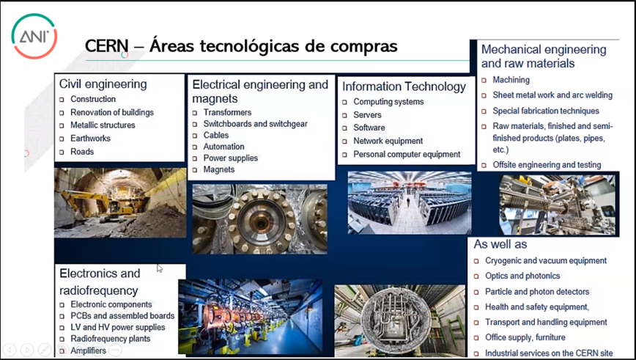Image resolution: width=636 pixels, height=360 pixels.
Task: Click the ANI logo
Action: (x=34, y=36)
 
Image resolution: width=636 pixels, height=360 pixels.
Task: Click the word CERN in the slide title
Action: (x=106, y=46)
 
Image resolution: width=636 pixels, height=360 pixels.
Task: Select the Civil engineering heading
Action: (x=103, y=84)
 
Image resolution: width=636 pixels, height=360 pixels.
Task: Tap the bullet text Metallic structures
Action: (x=103, y=125)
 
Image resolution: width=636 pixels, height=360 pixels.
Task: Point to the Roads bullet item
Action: (x=82, y=151)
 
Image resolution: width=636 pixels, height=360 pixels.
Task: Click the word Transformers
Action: (x=227, y=112)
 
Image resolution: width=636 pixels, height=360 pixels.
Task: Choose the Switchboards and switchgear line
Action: (x=255, y=124)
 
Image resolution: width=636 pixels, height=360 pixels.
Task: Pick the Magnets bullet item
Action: (x=218, y=169)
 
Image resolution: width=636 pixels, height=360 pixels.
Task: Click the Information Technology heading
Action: (x=404, y=87)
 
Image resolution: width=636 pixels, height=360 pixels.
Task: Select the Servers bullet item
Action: (x=367, y=115)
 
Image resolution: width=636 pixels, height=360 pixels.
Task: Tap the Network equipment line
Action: (x=388, y=141)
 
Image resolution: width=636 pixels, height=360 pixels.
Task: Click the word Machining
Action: (x=511, y=80)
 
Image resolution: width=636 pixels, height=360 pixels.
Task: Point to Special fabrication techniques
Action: (x=546, y=111)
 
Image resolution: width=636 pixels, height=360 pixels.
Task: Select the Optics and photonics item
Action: (x=522, y=276)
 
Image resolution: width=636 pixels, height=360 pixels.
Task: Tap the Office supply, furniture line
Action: (x=525, y=337)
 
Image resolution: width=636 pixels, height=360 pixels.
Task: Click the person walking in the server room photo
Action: (x=408, y=201)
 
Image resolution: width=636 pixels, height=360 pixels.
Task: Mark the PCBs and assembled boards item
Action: (x=122, y=316)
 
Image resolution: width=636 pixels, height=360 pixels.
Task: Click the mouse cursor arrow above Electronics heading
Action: (x=160, y=268)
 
